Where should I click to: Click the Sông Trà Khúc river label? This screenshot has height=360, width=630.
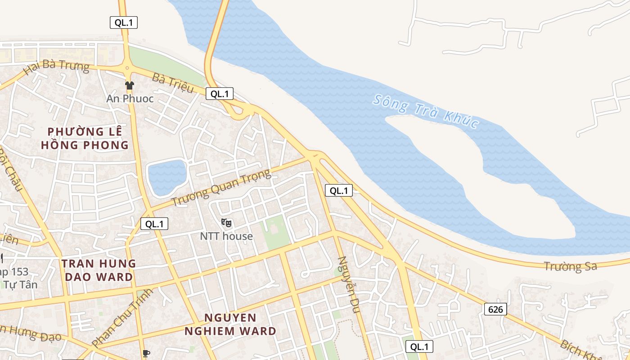(x=425, y=111)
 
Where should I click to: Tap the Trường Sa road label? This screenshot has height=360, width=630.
(x=570, y=266)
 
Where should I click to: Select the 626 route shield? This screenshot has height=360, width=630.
(x=495, y=309)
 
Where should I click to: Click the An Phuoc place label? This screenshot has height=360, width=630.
(x=130, y=99)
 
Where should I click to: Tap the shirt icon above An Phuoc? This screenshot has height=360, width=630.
(x=130, y=85)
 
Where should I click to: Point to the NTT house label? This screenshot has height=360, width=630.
(x=226, y=236)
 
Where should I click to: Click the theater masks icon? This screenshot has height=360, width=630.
(x=226, y=222)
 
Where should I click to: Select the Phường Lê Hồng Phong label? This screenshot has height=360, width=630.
(x=85, y=138)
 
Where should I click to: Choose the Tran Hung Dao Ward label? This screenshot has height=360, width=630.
(x=99, y=270)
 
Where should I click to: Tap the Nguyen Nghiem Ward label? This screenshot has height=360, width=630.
(x=230, y=324)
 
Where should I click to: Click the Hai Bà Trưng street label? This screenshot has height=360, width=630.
(x=57, y=67)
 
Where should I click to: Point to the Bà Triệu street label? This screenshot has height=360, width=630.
(x=172, y=83)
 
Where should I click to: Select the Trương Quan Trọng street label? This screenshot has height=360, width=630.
(x=222, y=187)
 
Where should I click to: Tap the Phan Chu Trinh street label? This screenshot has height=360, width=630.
(x=122, y=318)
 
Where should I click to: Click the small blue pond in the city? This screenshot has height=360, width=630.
(x=167, y=177)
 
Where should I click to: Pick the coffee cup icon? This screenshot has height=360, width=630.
(x=145, y=354)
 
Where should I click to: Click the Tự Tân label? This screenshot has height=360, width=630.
(x=19, y=284)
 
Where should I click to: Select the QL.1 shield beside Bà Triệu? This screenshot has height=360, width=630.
(x=220, y=94)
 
